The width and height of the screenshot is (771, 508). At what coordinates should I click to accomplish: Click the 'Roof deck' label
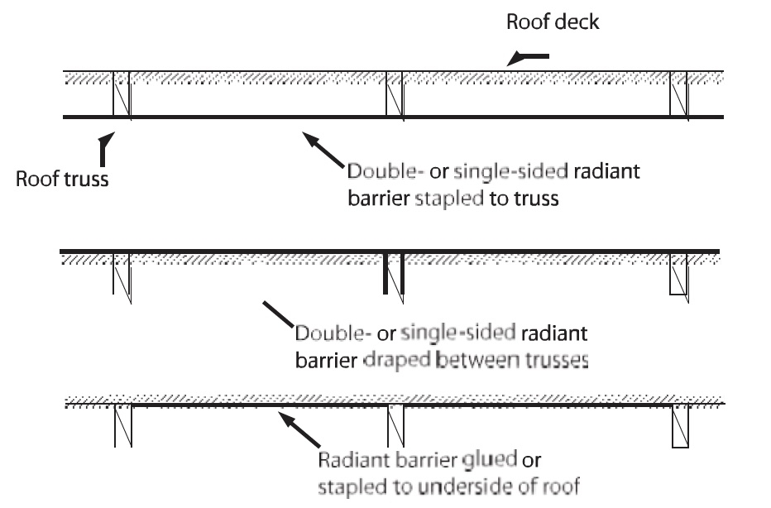click(553, 22)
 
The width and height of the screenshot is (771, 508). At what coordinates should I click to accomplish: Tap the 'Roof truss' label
click(62, 179)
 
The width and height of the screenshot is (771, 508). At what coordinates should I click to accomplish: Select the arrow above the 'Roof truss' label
click(105, 150)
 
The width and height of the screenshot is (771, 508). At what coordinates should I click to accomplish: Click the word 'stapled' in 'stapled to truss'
click(449, 199)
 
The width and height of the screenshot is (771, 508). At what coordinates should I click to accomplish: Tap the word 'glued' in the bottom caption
click(489, 459)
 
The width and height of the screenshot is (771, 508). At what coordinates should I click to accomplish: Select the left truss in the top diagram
click(122, 94)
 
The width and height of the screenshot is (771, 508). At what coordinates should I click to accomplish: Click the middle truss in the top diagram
click(395, 95)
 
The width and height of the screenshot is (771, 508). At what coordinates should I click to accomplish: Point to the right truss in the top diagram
click(679, 95)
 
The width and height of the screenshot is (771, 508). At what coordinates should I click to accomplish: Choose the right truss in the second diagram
click(679, 277)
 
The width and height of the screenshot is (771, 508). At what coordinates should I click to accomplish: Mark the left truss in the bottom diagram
click(123, 425)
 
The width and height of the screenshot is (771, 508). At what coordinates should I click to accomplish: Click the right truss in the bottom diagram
click(681, 426)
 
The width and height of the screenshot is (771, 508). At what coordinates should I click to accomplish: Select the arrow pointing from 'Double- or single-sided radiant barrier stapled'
click(323, 150)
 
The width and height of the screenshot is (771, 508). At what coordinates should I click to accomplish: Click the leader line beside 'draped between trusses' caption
click(278, 314)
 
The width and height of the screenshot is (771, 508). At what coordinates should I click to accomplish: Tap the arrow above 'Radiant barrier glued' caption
click(299, 429)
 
